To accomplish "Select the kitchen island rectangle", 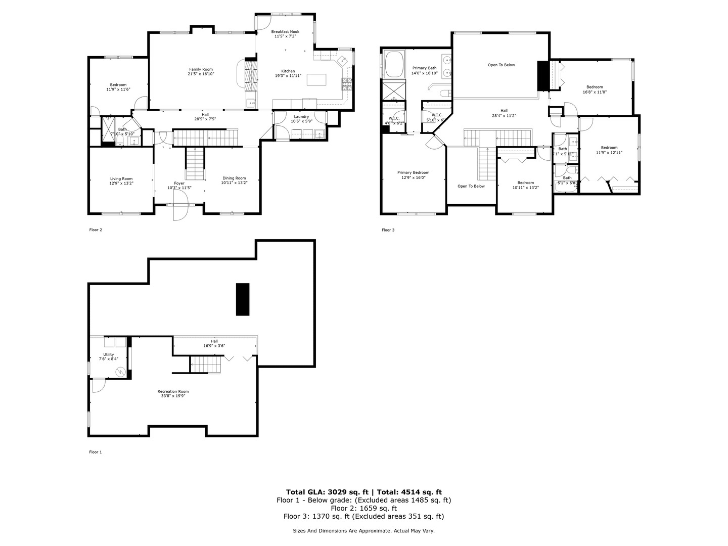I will click(316, 80).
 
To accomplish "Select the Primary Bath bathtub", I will click(394, 65).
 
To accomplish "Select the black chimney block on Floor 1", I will click(243, 299).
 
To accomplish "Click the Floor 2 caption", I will click(96, 230).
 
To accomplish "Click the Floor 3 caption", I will click(388, 230).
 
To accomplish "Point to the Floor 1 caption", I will click(96, 452).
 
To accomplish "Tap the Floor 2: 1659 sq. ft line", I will click(363, 508).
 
